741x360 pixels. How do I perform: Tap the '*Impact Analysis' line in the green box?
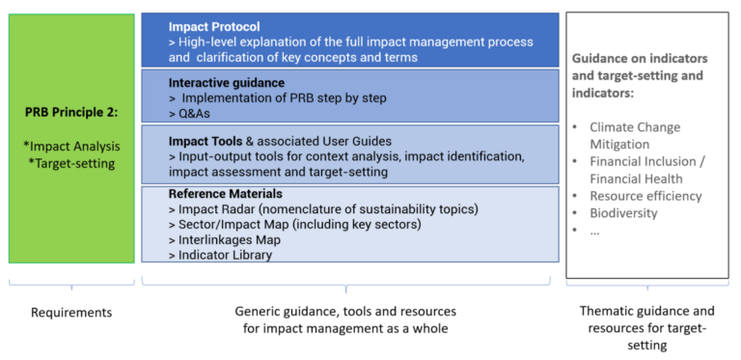(x=73, y=147)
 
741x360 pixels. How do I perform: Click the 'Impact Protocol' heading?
(x=213, y=26)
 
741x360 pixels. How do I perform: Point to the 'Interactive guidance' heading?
(x=227, y=82)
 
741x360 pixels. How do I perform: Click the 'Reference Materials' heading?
(x=225, y=194)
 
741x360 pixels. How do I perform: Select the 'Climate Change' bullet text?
(x=635, y=127)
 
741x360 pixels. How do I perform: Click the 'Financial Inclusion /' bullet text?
(x=647, y=161)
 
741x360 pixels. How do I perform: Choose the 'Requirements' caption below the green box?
(x=71, y=312)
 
